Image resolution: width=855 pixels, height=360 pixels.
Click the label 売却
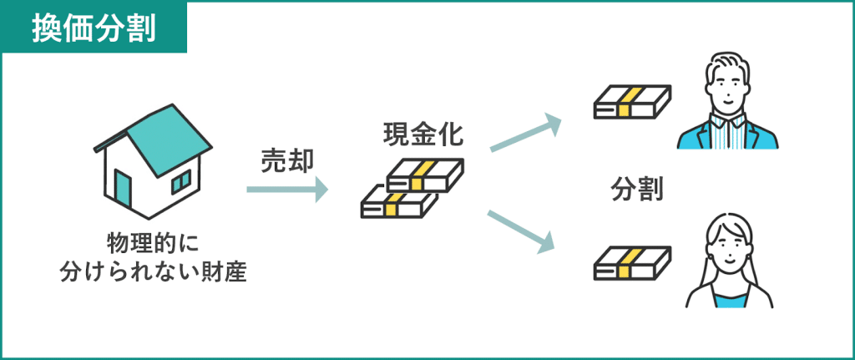286,161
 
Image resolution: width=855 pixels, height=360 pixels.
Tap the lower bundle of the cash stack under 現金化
399,203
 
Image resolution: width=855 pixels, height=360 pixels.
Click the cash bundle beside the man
632,101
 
